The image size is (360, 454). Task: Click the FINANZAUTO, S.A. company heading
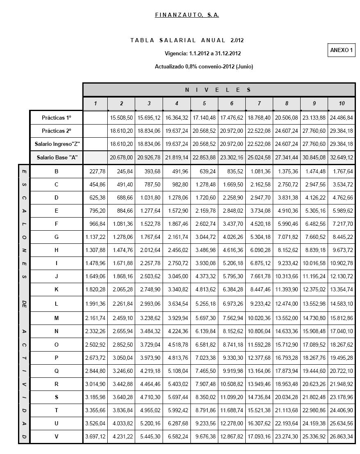coord(187,15)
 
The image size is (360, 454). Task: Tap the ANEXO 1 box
coord(342,50)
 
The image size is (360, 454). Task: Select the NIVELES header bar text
coord(219,90)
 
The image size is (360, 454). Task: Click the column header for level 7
coord(259,104)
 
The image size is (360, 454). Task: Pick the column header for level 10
coord(342,104)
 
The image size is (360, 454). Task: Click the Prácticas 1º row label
coord(57,118)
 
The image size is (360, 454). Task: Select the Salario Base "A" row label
coord(57,158)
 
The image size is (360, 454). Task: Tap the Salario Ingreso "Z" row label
coord(57,144)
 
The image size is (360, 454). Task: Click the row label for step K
coord(57,290)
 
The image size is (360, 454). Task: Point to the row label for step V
coord(57,437)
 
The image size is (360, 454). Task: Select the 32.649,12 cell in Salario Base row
coord(342,158)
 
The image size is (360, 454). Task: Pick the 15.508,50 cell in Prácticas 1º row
coord(121,118)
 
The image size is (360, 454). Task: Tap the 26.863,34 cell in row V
coord(342,437)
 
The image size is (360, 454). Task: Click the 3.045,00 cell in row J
coord(177,277)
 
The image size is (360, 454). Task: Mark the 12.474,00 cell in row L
coord(287,304)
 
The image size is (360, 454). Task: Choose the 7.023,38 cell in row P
coord(204,358)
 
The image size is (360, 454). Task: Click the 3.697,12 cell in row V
coord(95,437)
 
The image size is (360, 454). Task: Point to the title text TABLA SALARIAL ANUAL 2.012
coord(187,41)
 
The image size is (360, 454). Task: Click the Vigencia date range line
coord(202,54)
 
